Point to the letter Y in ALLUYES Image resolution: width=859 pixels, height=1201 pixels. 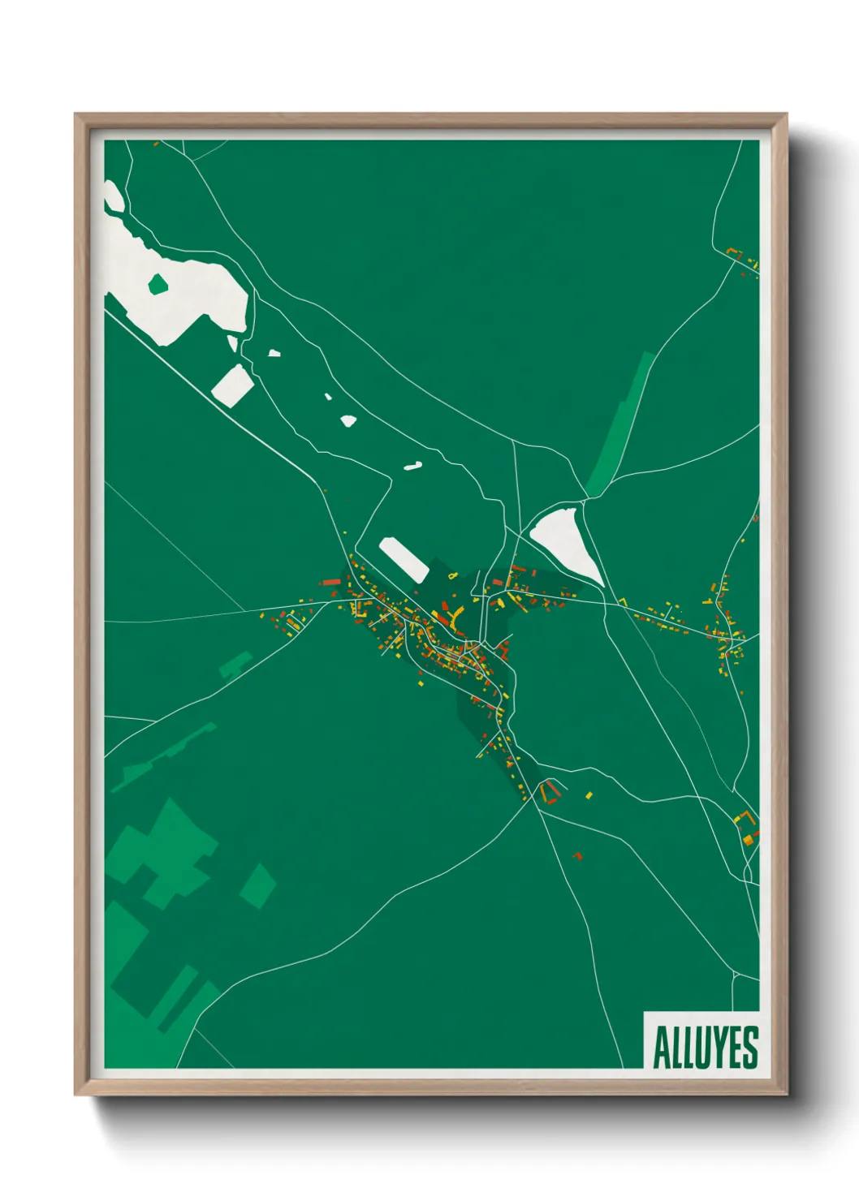coord(721,1048)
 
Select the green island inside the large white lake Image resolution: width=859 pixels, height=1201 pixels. coord(158,284)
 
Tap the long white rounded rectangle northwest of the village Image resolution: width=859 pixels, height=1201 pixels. coord(404,559)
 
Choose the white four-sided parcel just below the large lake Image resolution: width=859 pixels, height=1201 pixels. coord(231,385)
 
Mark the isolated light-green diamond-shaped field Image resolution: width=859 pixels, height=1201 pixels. coord(258,885)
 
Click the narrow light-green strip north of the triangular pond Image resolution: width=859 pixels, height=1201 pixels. coord(621,422)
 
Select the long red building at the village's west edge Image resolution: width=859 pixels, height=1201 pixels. coord(330,582)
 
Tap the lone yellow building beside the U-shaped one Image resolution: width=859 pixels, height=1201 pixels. coord(589,795)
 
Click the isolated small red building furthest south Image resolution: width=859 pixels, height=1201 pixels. coord(578,855)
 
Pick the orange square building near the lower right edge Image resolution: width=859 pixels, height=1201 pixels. coord(748,840)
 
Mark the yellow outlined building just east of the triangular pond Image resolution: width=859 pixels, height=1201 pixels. coord(623,601)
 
